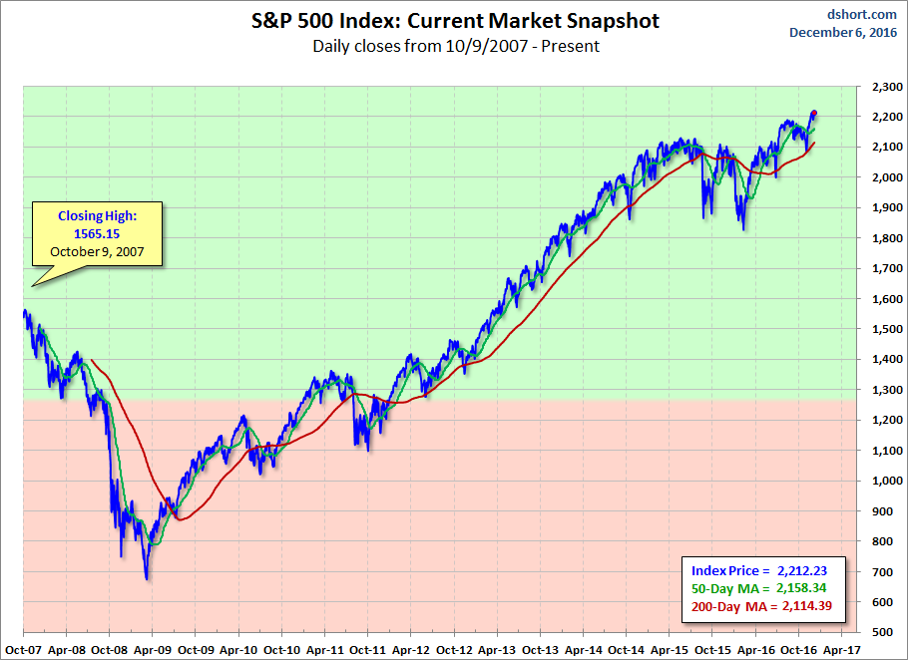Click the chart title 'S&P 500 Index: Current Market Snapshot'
coord(455,21)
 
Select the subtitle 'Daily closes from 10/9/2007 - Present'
coord(455,46)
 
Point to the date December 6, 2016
coord(843,32)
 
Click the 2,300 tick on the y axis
coord(882,87)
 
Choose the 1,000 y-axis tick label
coord(882,481)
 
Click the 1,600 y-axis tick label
coord(882,299)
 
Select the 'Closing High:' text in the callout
coord(96,214)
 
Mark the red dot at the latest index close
coord(814,114)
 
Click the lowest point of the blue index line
coord(147,579)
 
